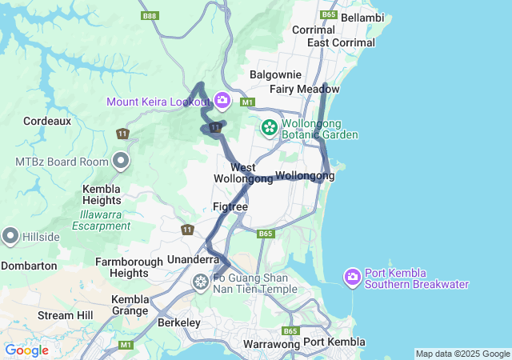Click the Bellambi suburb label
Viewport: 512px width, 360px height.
point(362,17)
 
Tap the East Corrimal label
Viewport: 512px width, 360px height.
point(340,42)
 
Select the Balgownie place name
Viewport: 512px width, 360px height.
point(274,74)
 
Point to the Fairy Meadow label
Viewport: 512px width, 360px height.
point(305,89)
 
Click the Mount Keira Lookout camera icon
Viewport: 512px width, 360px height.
point(222,101)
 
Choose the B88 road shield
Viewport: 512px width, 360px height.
point(149,15)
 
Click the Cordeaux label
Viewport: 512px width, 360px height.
point(47,121)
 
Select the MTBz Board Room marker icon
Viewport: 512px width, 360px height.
point(121,162)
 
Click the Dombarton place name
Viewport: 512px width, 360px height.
point(29,266)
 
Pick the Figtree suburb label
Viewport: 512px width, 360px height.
point(230,206)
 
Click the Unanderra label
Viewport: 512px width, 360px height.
point(193,259)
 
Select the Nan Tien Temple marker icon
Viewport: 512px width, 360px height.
point(200,282)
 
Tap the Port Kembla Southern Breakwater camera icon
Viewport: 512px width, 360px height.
point(352,278)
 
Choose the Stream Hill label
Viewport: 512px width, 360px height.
point(66,315)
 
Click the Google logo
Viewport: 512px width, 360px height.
point(26,350)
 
